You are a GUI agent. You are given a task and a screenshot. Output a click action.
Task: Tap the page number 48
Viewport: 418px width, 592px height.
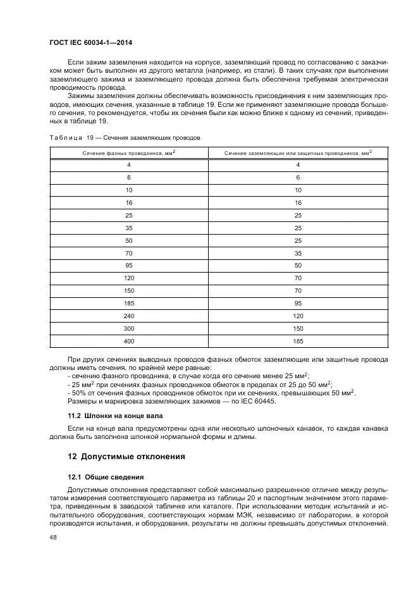[x=53, y=537]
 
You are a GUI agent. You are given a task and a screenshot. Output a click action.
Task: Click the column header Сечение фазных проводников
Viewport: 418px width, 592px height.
[x=128, y=152]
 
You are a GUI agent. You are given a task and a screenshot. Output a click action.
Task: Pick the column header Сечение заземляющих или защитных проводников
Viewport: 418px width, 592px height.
[x=298, y=152]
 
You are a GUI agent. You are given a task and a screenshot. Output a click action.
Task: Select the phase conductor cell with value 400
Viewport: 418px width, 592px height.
[x=128, y=341]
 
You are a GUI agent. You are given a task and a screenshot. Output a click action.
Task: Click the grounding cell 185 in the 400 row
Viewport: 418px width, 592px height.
[x=298, y=341]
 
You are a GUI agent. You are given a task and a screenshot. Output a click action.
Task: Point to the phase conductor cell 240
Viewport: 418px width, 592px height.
[x=128, y=316]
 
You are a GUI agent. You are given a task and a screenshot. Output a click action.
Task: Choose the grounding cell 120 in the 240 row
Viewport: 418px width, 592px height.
[x=298, y=316]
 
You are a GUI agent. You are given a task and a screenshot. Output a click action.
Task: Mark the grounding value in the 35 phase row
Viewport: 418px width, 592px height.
[x=298, y=228]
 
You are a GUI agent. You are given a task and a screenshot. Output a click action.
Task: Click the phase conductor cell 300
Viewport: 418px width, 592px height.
[x=128, y=328]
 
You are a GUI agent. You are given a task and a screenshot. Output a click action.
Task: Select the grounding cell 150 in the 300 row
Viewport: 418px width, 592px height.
[x=298, y=328]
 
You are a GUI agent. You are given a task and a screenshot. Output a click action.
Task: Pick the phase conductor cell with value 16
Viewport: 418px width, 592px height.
[x=128, y=202]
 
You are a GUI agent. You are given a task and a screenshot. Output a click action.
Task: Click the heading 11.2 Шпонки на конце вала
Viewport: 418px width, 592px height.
[x=115, y=416]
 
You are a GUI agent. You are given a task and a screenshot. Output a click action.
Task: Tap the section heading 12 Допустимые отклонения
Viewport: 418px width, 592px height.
[x=126, y=456]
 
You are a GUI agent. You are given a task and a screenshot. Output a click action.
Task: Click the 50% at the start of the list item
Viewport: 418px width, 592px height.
[x=77, y=393]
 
